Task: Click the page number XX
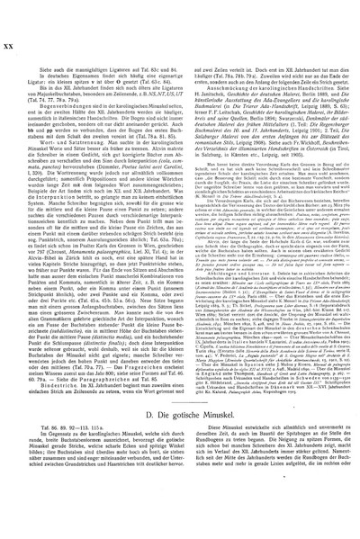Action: [x=12, y=13]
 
